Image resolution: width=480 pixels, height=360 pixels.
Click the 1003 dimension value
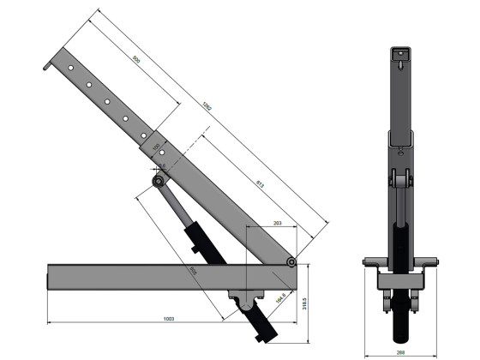click(169, 318)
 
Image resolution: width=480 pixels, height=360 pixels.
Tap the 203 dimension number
click(277, 223)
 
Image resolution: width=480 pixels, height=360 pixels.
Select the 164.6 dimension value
click(279, 298)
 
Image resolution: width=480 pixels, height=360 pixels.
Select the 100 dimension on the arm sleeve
click(157, 147)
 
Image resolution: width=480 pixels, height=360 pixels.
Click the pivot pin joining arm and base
click(292, 261)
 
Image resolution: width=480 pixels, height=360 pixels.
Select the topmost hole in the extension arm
click(72, 68)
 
